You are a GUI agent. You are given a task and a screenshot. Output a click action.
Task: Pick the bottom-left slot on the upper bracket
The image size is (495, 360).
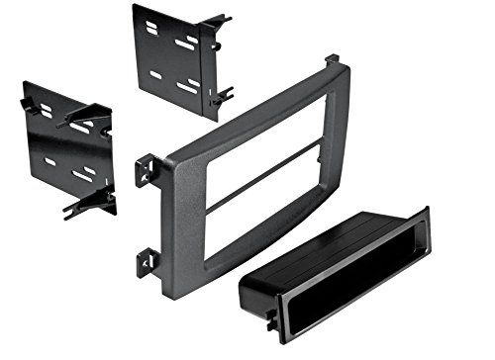pyautogui.click(x=155, y=74)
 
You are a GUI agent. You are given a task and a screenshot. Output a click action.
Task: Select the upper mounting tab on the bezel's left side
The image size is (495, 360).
pyautogui.click(x=146, y=171)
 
